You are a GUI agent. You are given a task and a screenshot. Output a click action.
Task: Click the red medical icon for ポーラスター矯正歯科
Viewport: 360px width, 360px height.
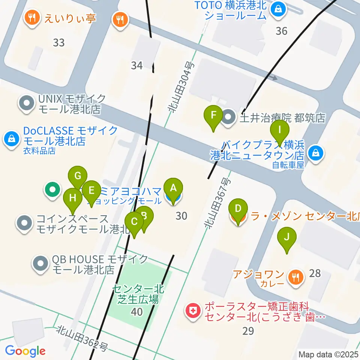(193, 311)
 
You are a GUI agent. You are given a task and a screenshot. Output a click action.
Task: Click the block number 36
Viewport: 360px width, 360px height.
(281, 31)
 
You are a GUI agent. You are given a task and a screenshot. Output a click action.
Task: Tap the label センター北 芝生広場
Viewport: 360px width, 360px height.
(137, 294)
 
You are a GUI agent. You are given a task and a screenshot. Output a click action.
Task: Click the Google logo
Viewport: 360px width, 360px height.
(25, 351)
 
